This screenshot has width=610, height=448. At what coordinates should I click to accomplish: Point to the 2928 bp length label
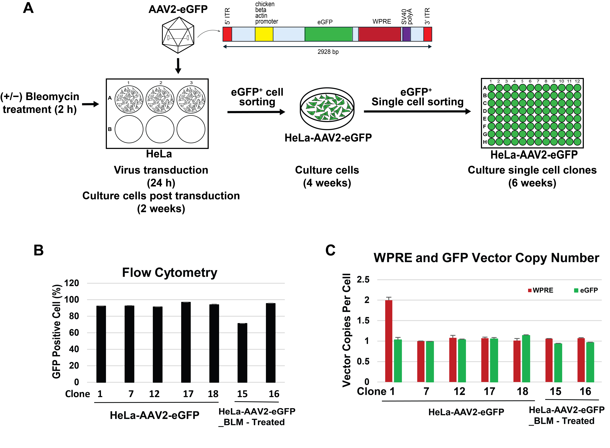point(328,52)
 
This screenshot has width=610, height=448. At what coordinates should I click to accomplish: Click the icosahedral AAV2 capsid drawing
point(178,35)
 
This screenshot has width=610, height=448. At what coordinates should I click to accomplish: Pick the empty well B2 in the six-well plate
point(160,129)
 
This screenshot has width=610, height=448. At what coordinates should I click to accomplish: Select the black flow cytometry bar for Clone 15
point(242,353)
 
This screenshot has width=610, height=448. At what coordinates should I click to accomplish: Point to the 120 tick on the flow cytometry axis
point(71,283)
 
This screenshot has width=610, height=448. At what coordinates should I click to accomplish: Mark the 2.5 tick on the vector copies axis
point(363,279)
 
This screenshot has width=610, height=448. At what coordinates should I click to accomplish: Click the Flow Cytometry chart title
point(170,273)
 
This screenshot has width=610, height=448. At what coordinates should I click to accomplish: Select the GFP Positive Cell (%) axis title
point(56,331)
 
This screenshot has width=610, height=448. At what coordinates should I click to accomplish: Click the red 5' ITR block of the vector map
point(227,34)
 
